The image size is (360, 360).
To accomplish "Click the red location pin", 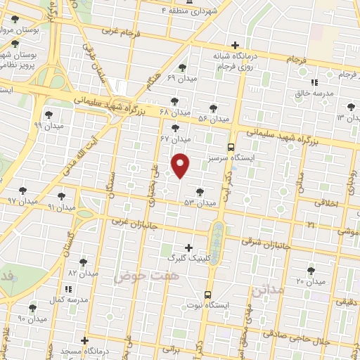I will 181,165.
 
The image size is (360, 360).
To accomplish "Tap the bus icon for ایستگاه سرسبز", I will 231,147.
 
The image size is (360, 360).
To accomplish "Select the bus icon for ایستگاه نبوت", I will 207,295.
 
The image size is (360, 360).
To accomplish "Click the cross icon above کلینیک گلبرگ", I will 188,247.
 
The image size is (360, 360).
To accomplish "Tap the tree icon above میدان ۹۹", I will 48,114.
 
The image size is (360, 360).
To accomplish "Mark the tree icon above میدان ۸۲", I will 84,262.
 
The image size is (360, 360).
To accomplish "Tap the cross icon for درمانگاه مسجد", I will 85,341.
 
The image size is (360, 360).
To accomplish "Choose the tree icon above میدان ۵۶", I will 213,108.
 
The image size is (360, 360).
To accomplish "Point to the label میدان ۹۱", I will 60,207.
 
